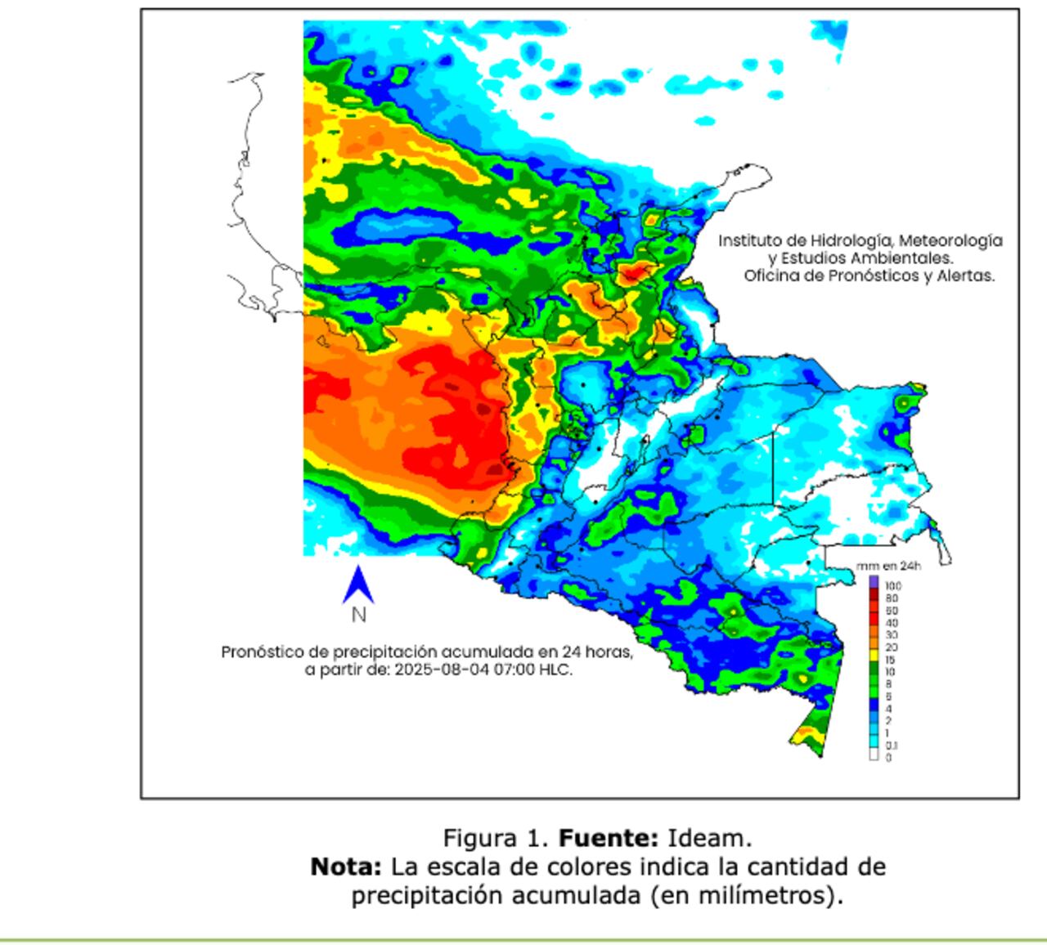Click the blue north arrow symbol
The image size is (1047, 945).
pyautogui.click(x=357, y=584)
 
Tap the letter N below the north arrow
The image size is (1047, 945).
pyautogui.click(x=358, y=615)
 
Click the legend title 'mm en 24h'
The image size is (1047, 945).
pyautogui.click(x=888, y=566)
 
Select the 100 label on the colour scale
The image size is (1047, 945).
pyautogui.click(x=892, y=586)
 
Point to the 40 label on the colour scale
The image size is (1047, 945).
pyautogui.click(x=891, y=623)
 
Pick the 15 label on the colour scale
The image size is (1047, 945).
pyautogui.click(x=890, y=659)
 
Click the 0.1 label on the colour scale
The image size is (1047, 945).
pyautogui.click(x=891, y=745)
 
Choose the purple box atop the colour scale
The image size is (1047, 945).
pyautogui.click(x=874, y=581)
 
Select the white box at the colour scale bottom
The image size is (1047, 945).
pyautogui.click(x=874, y=755)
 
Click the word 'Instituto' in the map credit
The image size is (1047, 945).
pyautogui.click(x=748, y=240)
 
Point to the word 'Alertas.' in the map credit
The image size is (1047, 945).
pyautogui.click(x=970, y=275)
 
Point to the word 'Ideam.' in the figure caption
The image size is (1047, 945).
pyautogui.click(x=709, y=838)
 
